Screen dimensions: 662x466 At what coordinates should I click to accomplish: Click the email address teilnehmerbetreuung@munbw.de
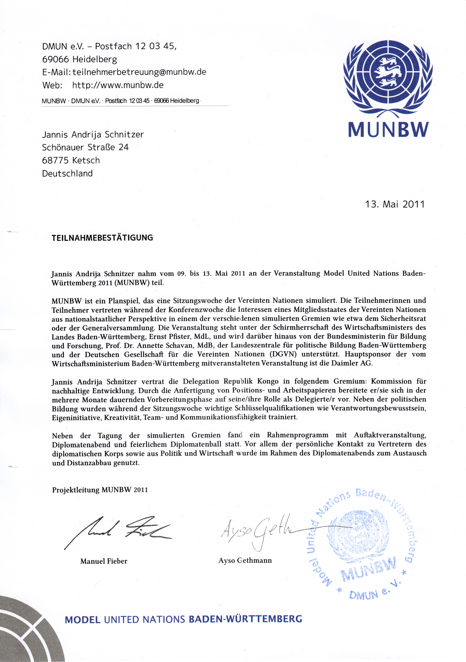tap(139, 72)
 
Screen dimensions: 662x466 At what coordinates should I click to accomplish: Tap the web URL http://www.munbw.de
tap(118, 85)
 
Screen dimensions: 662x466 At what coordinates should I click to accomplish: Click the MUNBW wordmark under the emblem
tap(388, 130)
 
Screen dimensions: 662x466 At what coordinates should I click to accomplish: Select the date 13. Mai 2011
tap(395, 204)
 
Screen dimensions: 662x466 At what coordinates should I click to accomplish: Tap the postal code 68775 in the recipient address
tap(55, 160)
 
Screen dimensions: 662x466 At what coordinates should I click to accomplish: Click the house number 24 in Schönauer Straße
tap(123, 147)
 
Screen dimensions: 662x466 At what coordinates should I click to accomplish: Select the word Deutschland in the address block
tap(67, 174)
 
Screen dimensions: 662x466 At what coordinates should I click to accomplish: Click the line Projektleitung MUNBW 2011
tap(100, 490)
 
